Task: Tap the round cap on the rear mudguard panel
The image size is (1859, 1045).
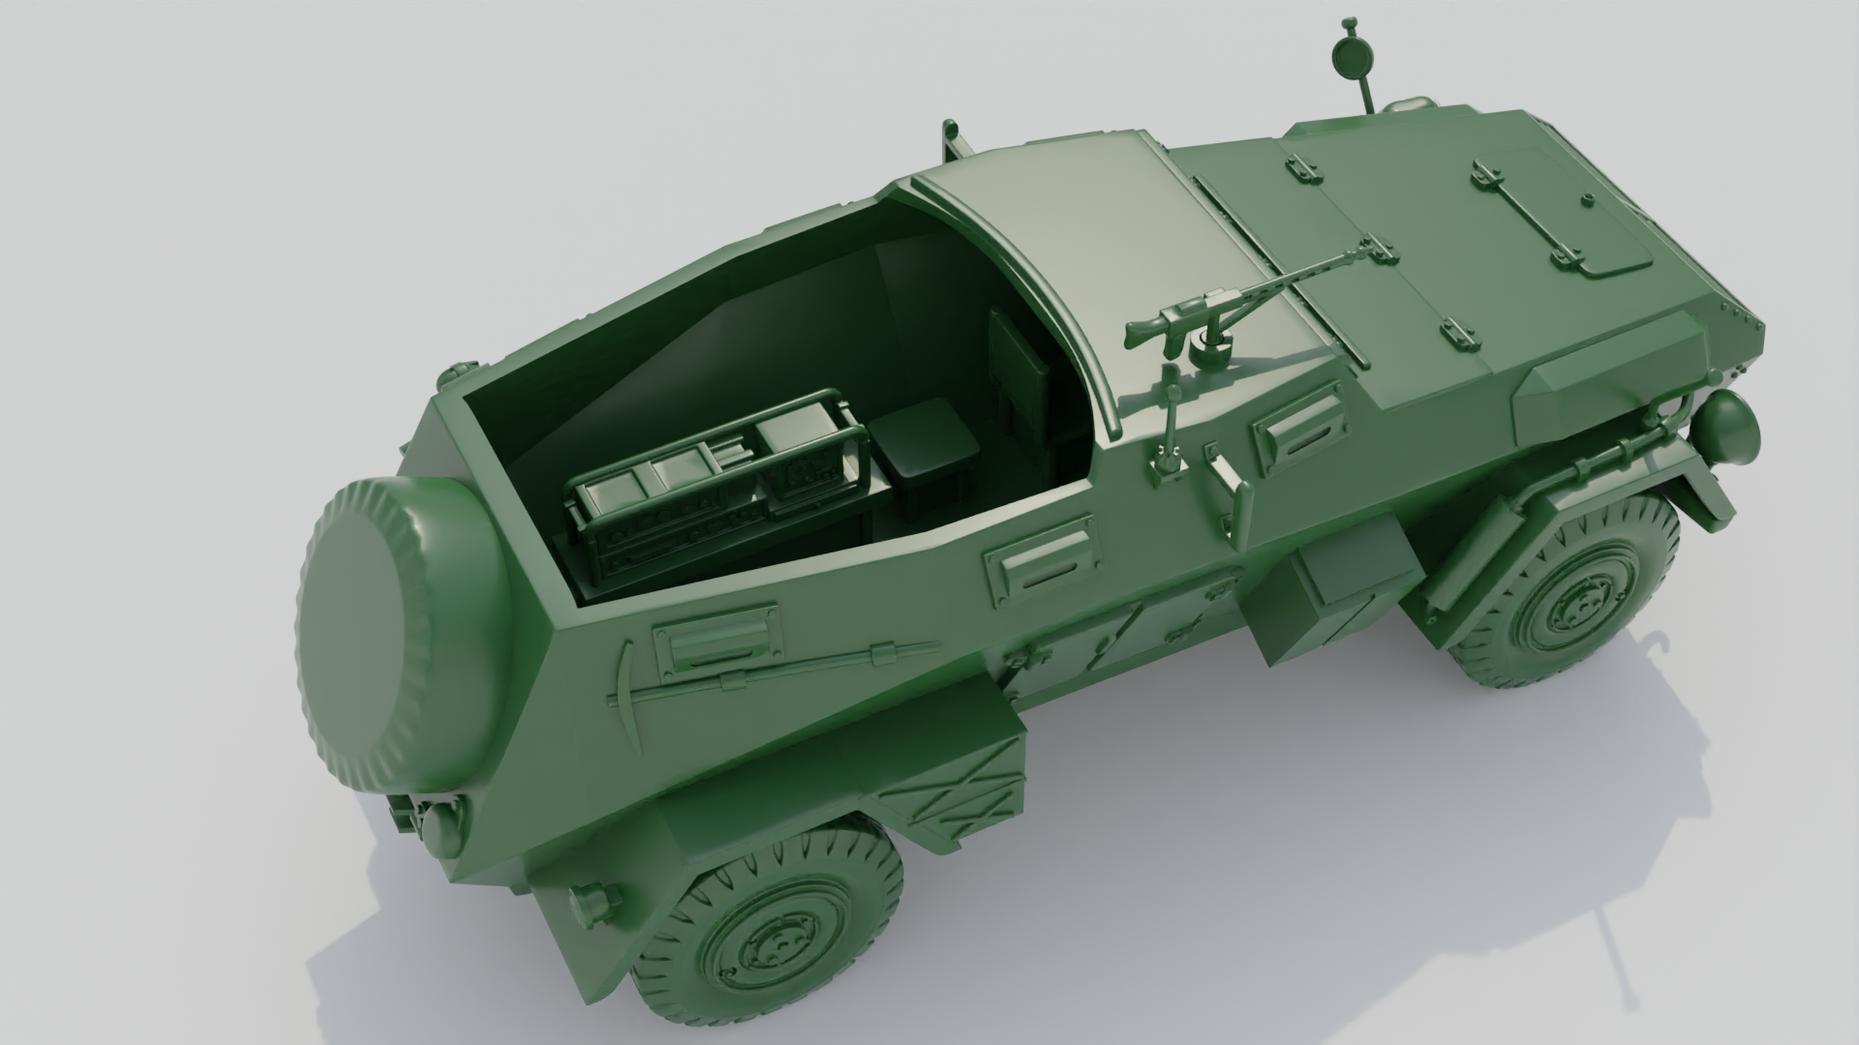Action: pos(588,904)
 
